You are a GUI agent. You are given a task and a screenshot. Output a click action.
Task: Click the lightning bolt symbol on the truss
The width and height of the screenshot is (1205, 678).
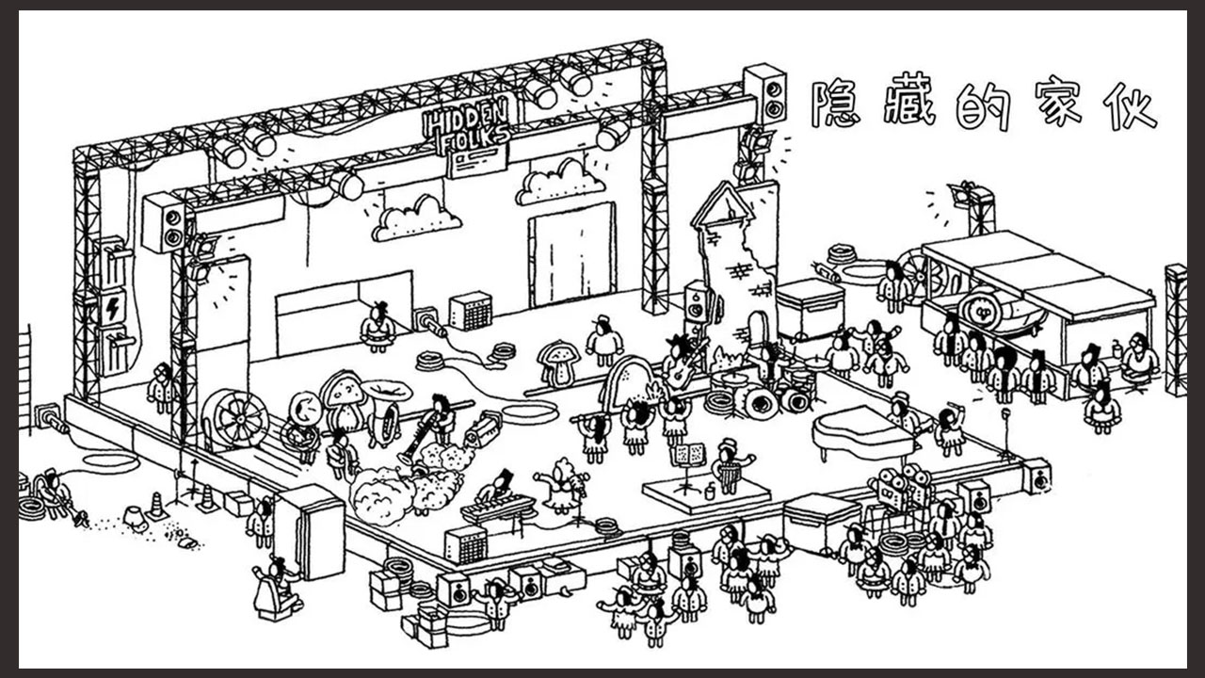click(114, 308)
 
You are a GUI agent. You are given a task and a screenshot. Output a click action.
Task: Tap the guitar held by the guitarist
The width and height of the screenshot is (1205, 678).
click(683, 364)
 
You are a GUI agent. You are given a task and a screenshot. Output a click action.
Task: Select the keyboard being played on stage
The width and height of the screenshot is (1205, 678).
click(499, 508)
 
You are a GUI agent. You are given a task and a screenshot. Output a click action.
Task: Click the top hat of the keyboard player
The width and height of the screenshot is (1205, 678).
click(506, 477)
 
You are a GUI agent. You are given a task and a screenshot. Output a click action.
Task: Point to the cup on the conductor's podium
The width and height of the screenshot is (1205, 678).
click(710, 492)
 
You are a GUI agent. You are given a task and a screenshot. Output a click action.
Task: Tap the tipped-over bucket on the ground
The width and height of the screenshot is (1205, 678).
click(136, 517)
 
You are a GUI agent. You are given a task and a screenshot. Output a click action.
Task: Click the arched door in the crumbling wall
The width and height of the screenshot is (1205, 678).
click(757, 329)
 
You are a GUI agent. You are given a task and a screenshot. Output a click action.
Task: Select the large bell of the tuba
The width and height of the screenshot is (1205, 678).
click(386, 391)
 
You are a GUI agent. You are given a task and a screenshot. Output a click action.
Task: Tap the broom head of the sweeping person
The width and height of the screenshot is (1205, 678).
click(81, 518)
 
